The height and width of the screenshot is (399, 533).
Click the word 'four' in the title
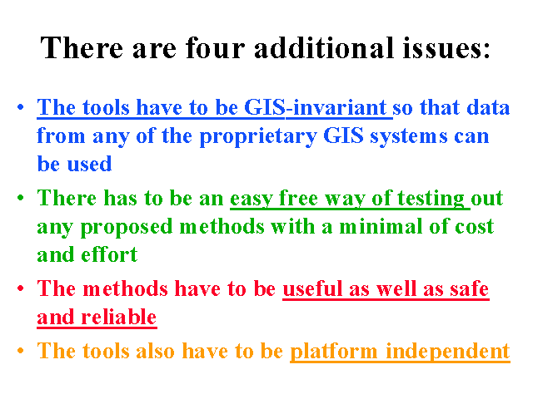pyautogui.click(x=215, y=48)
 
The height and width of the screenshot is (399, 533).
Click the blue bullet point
pyautogui.click(x=20, y=107)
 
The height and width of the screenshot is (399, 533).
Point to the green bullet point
pyautogui.click(x=20, y=198)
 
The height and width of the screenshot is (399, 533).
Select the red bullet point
pyautogui.click(x=20, y=288)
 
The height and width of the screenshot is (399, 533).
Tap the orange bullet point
pyautogui.click(x=20, y=350)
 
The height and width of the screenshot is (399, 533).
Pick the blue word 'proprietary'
pyautogui.click(x=258, y=137)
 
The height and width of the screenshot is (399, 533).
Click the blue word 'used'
pyautogui.click(x=89, y=165)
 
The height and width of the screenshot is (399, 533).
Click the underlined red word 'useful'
pyautogui.click(x=312, y=289)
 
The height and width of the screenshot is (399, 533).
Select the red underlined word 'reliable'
pyautogui.click(x=118, y=318)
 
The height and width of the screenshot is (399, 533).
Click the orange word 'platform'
pyautogui.click(x=333, y=352)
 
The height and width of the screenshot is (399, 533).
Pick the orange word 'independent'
pyautogui.click(x=448, y=352)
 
